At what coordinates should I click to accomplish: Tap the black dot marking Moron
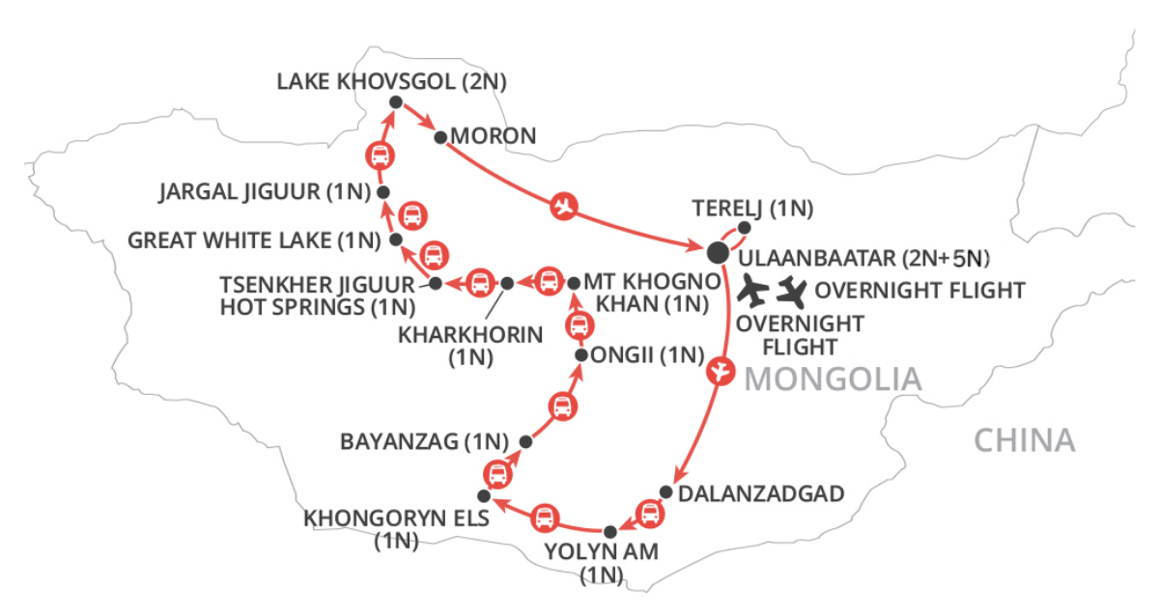[x=440, y=138]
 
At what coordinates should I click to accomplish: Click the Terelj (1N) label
[x=753, y=208]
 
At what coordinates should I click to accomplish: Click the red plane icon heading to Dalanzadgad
[x=718, y=370]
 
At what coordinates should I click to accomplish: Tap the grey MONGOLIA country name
[x=833, y=379]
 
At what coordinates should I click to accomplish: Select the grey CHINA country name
[x=1024, y=440]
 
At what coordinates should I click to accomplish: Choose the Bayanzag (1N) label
[x=424, y=442]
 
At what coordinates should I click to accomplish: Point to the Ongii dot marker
[x=580, y=355]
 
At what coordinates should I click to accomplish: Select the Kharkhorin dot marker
[x=508, y=283]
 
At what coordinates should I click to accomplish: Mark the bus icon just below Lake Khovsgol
[x=380, y=155]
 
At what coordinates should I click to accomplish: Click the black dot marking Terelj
[x=745, y=229]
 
